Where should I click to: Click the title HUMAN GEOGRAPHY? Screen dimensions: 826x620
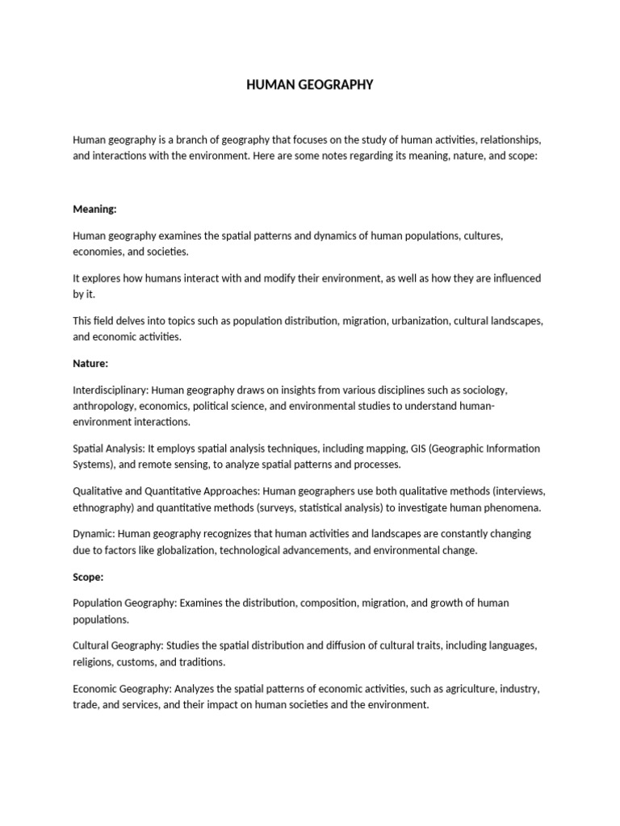click(x=310, y=85)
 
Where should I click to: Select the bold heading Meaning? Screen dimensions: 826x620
click(x=94, y=209)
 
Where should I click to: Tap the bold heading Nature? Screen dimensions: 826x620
click(x=90, y=364)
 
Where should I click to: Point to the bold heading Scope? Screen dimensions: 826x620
click(x=88, y=578)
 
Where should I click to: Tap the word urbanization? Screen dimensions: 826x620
click(x=419, y=321)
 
